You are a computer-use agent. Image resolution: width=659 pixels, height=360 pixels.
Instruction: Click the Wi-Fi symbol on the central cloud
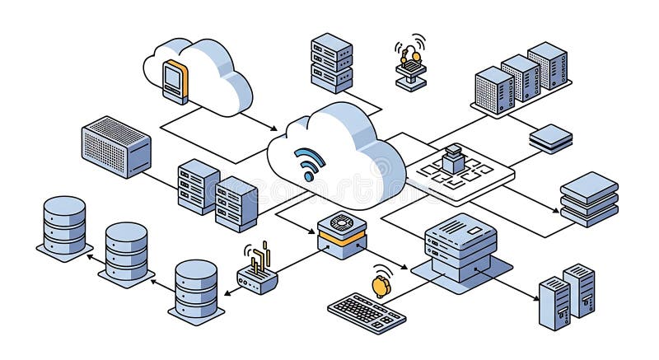[x=310, y=163]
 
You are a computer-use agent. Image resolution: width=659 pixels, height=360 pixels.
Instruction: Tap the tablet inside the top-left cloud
[x=175, y=81]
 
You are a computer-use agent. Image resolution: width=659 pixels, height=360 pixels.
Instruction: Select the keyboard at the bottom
[x=367, y=312]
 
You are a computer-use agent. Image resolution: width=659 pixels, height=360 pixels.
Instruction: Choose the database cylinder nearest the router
[x=196, y=289]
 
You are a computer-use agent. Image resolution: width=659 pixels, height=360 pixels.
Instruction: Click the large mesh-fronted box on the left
[x=116, y=147]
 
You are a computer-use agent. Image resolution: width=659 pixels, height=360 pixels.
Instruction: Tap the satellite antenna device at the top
[x=410, y=63]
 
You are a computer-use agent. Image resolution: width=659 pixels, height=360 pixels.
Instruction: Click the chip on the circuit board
[x=453, y=158]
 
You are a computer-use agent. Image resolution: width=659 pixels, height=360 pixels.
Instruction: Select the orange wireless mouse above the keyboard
[x=380, y=285]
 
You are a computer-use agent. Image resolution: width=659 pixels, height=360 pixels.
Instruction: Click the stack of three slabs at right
[x=589, y=199]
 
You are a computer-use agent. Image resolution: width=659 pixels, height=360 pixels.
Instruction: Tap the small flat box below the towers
[x=551, y=138]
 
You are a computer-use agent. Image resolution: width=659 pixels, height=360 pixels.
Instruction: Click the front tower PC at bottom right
[x=554, y=302]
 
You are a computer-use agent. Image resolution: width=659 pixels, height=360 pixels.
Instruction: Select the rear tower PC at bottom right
[x=579, y=289]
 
